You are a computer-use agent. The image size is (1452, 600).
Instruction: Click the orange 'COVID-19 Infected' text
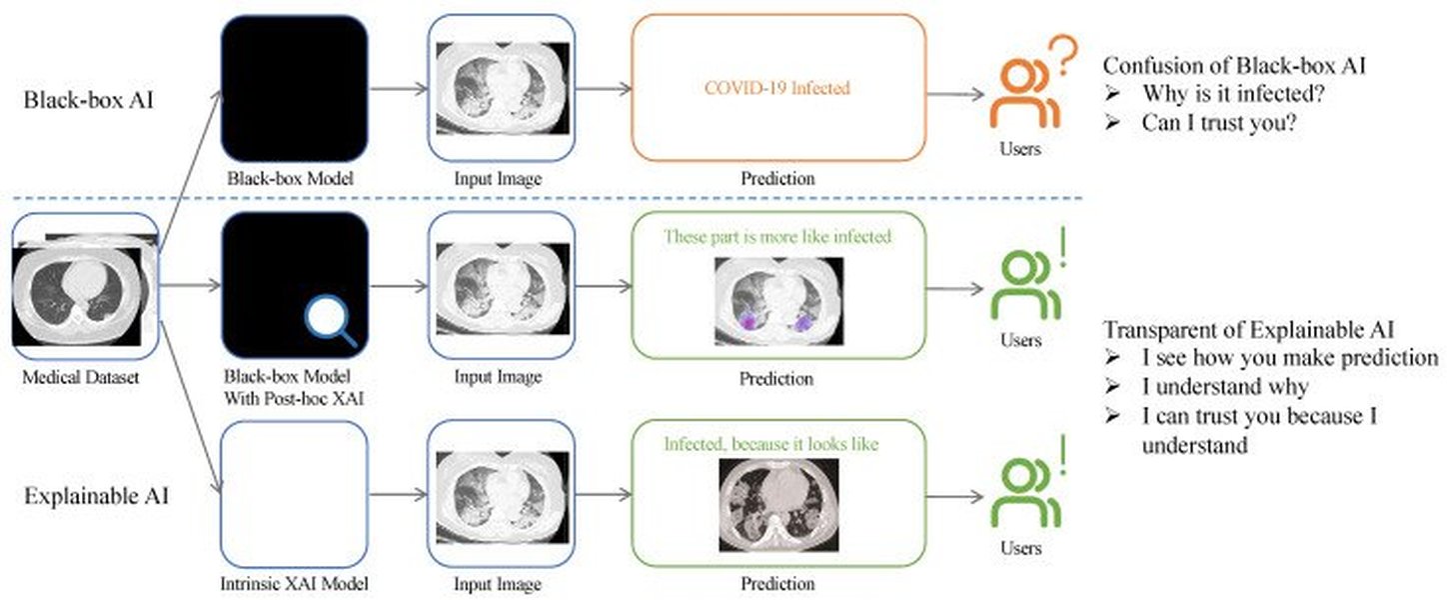point(776,88)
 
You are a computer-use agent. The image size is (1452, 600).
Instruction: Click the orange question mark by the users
point(1065,57)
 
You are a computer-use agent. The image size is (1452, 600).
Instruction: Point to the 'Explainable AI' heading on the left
point(96,495)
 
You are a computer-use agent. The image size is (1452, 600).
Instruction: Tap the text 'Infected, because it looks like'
point(770,443)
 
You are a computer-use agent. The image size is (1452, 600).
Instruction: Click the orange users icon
point(1023,95)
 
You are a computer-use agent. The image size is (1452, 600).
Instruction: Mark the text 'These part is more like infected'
point(777,237)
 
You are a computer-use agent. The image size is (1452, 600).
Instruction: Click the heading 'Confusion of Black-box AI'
point(1234,66)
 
